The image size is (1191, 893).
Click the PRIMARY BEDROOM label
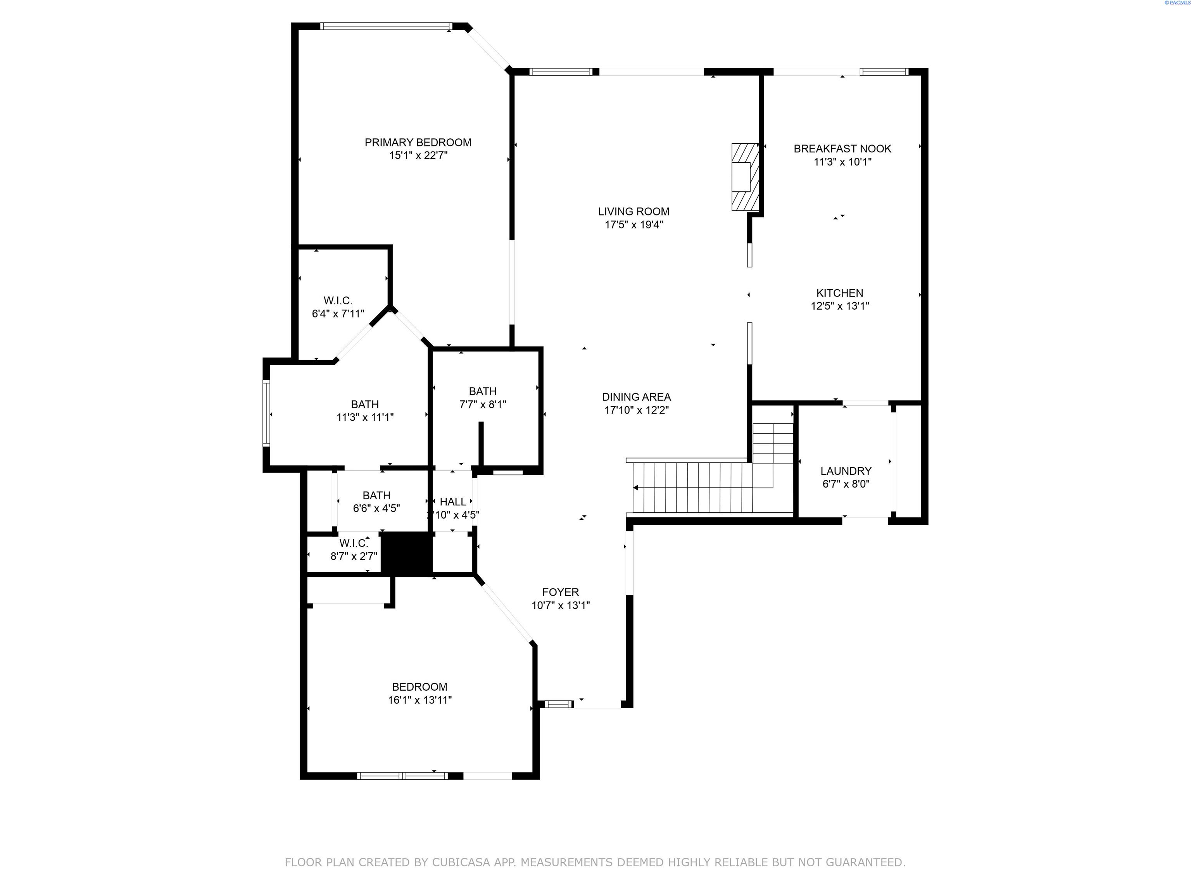(418, 143)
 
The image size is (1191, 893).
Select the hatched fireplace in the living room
(745, 177)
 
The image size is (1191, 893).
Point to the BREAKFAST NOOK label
(842, 148)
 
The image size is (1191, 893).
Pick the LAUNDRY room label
(846, 471)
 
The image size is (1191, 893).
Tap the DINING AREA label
(637, 397)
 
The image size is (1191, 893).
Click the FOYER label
(561, 592)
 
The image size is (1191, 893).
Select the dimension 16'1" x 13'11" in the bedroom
(419, 700)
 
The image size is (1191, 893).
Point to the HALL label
(453, 502)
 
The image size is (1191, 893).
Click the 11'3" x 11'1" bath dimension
(365, 417)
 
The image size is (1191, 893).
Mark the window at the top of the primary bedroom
(385, 26)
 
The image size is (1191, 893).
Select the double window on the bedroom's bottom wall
(402, 776)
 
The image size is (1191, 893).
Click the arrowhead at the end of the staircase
(636, 488)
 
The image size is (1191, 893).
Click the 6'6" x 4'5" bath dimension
(376, 508)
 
